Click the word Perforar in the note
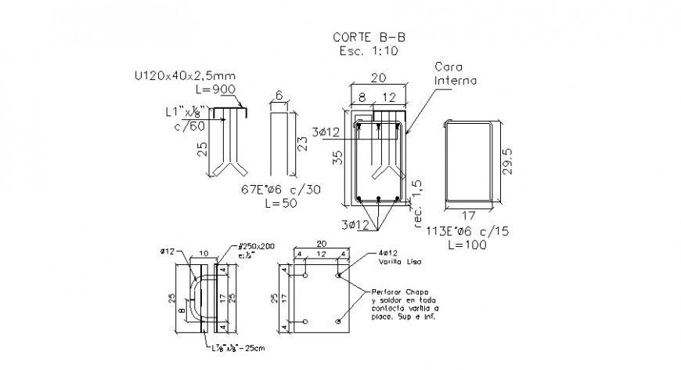(379, 290)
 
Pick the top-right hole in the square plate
(338, 275)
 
